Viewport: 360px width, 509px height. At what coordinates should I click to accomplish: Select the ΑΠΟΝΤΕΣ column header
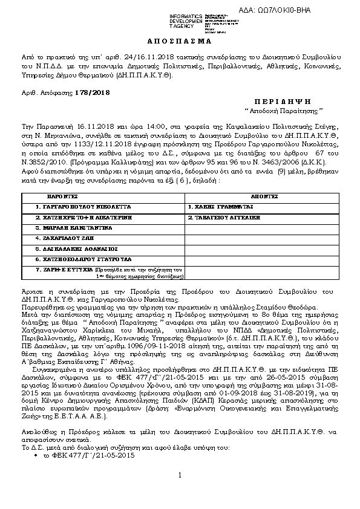[264, 197]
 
